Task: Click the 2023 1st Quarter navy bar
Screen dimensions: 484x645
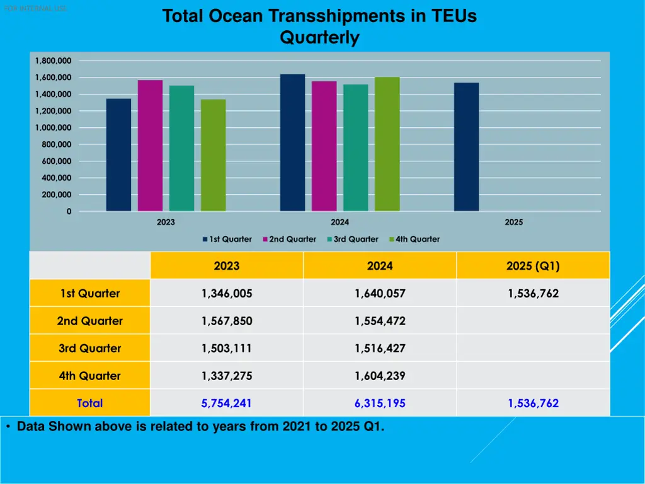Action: pyautogui.click(x=118, y=155)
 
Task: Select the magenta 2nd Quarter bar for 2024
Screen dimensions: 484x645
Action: pyautogui.click(x=324, y=146)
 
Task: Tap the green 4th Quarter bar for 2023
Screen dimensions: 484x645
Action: pyautogui.click(x=213, y=155)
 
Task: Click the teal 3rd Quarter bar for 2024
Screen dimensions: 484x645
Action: pyautogui.click(x=355, y=147)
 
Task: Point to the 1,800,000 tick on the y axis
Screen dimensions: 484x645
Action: pyautogui.click(x=53, y=60)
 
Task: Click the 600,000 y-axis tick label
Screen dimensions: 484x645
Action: pyautogui.click(x=55, y=161)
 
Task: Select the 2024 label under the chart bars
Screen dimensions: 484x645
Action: pyautogui.click(x=340, y=222)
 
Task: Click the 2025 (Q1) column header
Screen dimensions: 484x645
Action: pyautogui.click(x=533, y=266)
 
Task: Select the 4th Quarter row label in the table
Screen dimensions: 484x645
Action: pyautogui.click(x=89, y=376)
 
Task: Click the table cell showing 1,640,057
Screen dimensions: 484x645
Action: pyautogui.click(x=380, y=294)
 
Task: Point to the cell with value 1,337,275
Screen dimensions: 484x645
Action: pyautogui.click(x=227, y=376)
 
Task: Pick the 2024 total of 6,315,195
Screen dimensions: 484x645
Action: pyautogui.click(x=380, y=403)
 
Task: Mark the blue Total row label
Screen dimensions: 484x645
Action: pyautogui.click(x=89, y=403)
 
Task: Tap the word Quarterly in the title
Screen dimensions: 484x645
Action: pyautogui.click(x=319, y=38)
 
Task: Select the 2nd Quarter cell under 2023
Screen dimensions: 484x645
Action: pyautogui.click(x=227, y=321)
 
